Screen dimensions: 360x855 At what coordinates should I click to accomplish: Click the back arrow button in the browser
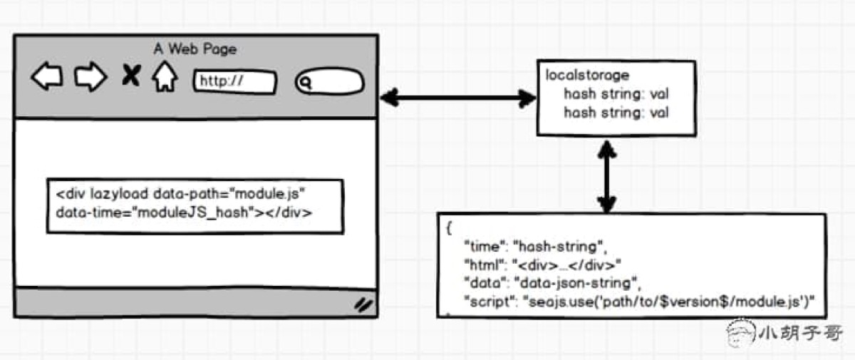pos(46,76)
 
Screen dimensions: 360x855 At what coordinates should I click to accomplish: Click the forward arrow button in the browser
pos(90,76)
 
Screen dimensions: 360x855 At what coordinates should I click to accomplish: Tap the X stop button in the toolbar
pos(130,75)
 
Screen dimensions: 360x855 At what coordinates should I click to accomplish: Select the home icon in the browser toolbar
pos(165,76)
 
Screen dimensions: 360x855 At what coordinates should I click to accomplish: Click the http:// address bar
pos(234,81)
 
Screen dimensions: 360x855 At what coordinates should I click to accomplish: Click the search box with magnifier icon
pos(330,82)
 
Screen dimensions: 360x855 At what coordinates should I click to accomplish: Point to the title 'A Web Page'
pos(195,49)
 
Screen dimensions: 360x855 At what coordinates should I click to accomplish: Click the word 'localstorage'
pos(588,75)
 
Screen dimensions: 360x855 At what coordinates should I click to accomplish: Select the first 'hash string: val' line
pos(616,94)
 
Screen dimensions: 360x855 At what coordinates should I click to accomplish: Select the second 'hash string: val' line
pos(616,113)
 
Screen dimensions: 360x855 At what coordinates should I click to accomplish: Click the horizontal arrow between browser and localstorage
pos(457,98)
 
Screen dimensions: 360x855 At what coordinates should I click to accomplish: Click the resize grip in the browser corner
pos(364,304)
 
